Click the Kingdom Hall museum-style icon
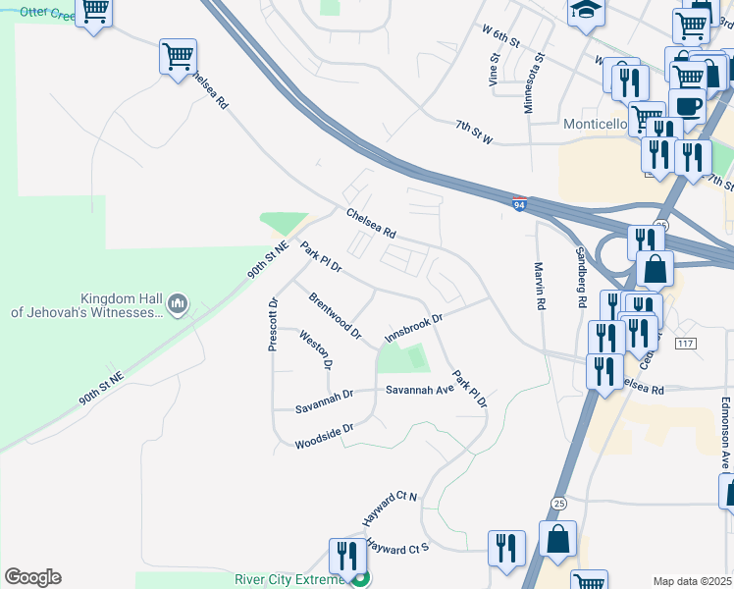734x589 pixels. click(177, 304)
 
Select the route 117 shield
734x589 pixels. click(685, 343)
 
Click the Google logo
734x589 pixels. click(32, 577)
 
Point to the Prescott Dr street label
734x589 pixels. click(274, 324)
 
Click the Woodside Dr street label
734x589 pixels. click(323, 437)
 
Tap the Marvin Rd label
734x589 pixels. click(539, 286)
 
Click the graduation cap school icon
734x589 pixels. click(586, 11)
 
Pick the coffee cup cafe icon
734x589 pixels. click(686, 105)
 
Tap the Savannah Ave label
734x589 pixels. click(419, 390)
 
